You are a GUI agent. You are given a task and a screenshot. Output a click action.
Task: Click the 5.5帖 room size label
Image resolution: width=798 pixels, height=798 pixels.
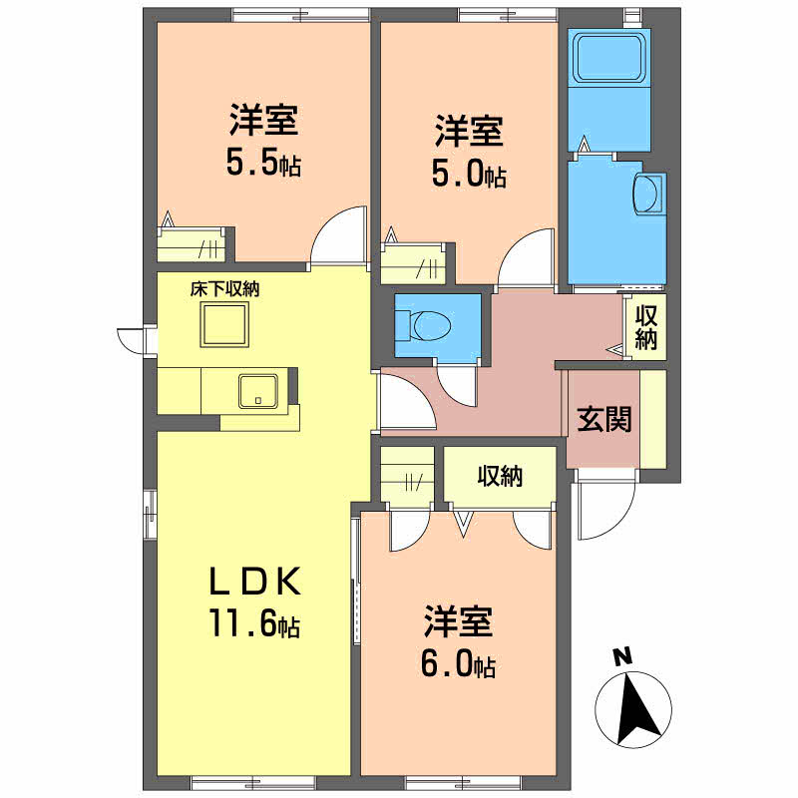tap(262, 163)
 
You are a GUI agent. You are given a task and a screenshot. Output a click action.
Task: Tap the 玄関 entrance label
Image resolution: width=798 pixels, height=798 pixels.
tap(604, 419)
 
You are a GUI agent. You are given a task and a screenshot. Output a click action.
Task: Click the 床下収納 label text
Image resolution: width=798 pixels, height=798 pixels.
tap(225, 290)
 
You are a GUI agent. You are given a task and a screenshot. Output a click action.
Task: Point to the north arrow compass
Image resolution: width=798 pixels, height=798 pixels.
tap(634, 709)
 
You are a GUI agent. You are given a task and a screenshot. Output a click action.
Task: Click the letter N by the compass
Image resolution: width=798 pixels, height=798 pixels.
tap(622, 656)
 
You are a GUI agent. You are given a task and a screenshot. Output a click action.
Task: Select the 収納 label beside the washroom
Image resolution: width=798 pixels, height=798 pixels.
tap(646, 326)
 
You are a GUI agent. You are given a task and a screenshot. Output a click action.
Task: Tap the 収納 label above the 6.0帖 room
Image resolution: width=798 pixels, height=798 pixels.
tap(500, 476)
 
